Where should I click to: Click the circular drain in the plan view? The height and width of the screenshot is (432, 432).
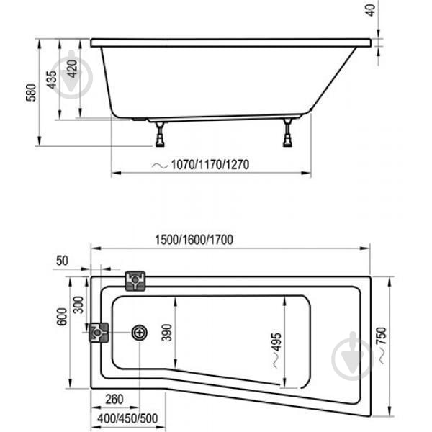point(140,333)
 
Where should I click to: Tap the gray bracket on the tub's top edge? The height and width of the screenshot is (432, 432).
point(135,281)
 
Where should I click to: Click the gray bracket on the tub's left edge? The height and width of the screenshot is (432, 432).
point(98,333)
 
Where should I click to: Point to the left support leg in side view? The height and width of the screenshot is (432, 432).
point(159,134)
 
